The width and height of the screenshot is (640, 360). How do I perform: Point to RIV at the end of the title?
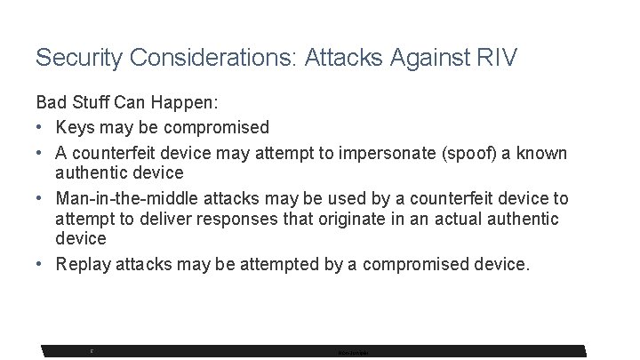pos(497,58)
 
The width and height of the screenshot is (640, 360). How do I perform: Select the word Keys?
pos(77,128)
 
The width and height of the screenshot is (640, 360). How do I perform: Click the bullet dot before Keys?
pos(42,128)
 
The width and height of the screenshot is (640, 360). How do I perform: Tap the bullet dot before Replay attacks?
pos(42,264)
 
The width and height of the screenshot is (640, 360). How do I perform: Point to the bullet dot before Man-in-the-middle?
pos(42,197)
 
